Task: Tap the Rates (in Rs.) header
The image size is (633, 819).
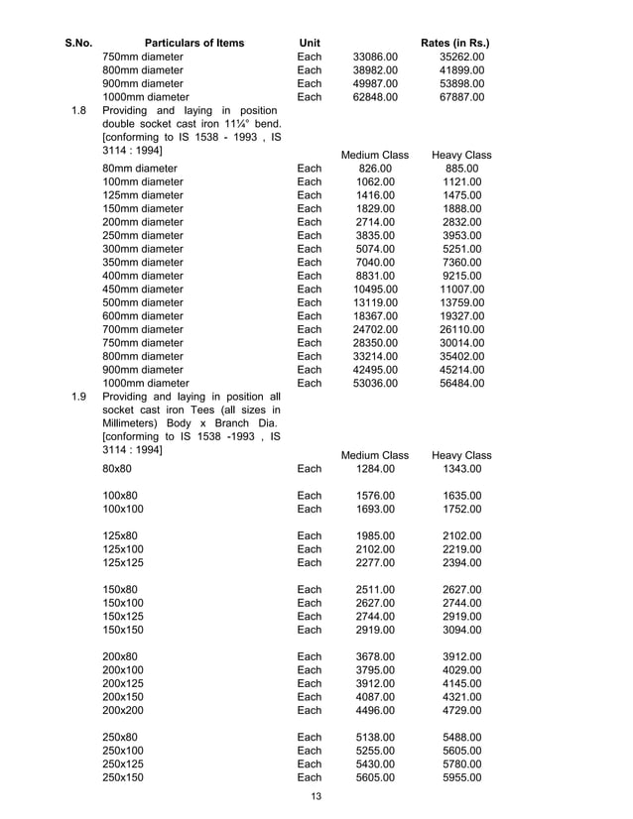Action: pyautogui.click(x=455, y=43)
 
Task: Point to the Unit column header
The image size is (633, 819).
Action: pyautogui.click(x=310, y=43)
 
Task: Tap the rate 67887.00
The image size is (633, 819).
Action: pyautogui.click(x=462, y=97)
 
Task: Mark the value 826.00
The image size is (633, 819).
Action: pyautogui.click(x=375, y=169)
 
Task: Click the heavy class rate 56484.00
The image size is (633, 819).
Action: pyautogui.click(x=462, y=383)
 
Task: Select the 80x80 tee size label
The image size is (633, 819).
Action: pyautogui.click(x=117, y=468)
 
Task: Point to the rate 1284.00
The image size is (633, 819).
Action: pyautogui.click(x=375, y=468)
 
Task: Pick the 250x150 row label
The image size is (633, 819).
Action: pyautogui.click(x=123, y=777)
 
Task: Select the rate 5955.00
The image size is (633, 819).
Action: pyautogui.click(x=462, y=777)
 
